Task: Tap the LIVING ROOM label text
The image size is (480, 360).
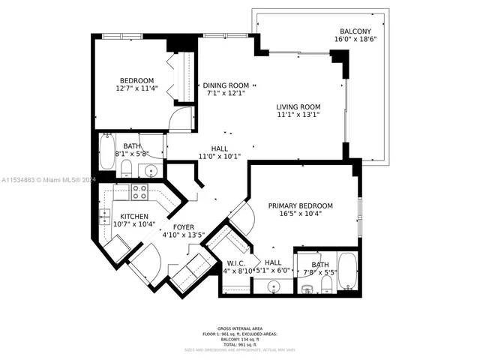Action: [298, 107]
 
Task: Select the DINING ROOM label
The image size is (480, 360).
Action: [226, 85]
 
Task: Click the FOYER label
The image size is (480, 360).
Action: [184, 226]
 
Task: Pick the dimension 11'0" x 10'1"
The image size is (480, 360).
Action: [219, 157]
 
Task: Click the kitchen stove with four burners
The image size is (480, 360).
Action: [139, 192]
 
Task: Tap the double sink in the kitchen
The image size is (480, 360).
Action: [104, 217]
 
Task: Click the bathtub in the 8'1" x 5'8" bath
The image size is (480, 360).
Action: [107, 154]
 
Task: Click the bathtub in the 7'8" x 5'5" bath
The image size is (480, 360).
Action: [348, 272]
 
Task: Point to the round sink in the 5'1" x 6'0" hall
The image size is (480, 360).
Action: [273, 286]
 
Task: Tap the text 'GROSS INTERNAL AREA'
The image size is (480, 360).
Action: [240, 328]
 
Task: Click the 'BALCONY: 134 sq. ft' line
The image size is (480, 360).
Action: [240, 338]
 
